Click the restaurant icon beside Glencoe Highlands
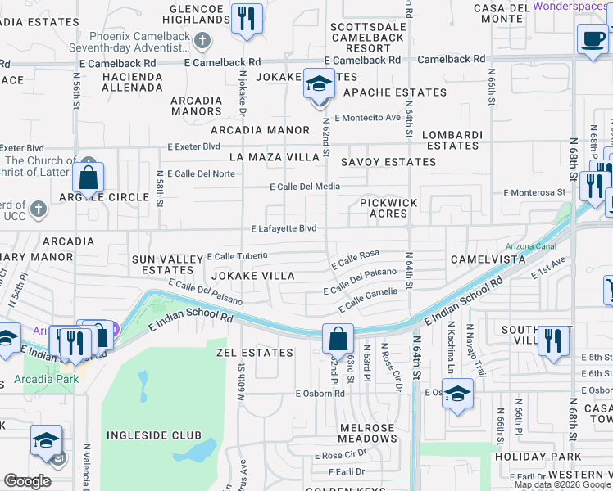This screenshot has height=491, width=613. click(x=247, y=18)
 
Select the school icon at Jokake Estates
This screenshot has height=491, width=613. click(x=320, y=83)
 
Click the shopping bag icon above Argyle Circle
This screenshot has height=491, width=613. click(x=88, y=178)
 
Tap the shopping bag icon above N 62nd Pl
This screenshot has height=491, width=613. click(x=337, y=337)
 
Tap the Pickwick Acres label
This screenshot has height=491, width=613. click(x=388, y=208)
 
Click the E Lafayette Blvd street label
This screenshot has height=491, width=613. click(x=284, y=229)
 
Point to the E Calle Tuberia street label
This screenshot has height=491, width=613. click(x=238, y=256)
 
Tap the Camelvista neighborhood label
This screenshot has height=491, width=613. click(x=488, y=259)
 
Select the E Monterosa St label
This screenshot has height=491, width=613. click(x=535, y=192)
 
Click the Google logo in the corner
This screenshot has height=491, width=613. click(x=27, y=481)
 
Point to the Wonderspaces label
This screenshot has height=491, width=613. click(x=572, y=6)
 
